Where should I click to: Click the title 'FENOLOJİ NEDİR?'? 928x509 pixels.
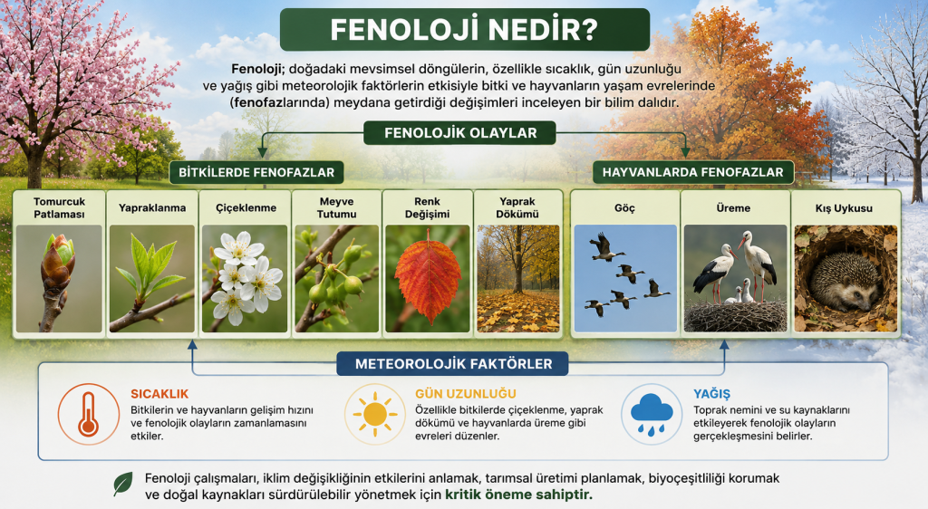pyautogui.click(x=464, y=30)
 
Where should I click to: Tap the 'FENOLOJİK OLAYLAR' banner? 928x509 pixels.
pyautogui.click(x=459, y=133)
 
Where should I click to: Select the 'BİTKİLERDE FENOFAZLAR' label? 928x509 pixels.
pyautogui.click(x=256, y=173)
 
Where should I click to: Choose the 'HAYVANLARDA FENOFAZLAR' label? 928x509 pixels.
pyautogui.click(x=693, y=173)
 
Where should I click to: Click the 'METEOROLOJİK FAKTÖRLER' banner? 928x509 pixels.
pyautogui.click(x=453, y=363)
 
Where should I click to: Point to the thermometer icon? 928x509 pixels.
pyautogui.click(x=88, y=414)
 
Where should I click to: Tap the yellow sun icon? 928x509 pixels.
pyautogui.click(x=375, y=414)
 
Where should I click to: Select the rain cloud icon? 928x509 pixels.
pyautogui.click(x=652, y=414)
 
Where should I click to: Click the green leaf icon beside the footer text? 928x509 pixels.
pyautogui.click(x=123, y=484)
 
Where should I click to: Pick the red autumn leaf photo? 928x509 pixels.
pyautogui.click(x=428, y=276)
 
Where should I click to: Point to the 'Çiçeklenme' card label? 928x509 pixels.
pyautogui.click(x=246, y=208)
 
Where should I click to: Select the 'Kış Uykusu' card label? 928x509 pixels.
pyautogui.click(x=844, y=208)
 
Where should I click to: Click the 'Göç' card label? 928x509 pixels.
pyautogui.click(x=624, y=208)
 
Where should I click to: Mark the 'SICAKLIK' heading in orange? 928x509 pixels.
pyautogui.click(x=159, y=394)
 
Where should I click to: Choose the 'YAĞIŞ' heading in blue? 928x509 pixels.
pyautogui.click(x=712, y=394)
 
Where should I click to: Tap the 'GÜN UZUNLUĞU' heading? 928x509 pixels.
pyautogui.click(x=465, y=394)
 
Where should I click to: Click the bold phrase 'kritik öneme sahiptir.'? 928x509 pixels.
pyautogui.click(x=518, y=495)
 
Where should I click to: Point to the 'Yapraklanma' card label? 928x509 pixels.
pyautogui.click(x=152, y=208)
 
